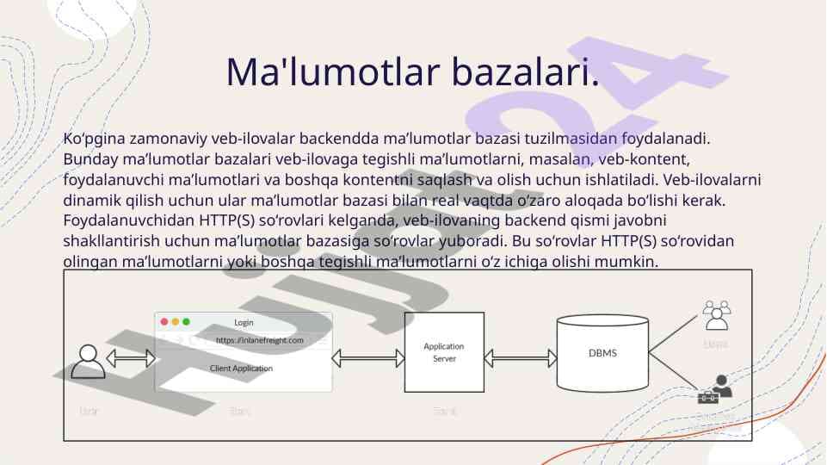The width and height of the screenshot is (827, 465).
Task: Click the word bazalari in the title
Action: tap(525, 72)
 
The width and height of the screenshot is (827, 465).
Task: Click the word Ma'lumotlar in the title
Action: tap(330, 72)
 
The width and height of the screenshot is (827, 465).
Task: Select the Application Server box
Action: tap(444, 352)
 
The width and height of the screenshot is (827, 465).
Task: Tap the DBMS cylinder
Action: tap(602, 354)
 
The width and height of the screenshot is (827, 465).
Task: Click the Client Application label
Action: tap(241, 369)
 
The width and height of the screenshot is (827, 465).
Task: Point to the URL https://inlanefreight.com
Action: tap(260, 340)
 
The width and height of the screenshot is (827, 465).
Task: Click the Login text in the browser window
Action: tap(244, 322)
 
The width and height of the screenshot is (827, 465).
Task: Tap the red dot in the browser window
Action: tap(164, 322)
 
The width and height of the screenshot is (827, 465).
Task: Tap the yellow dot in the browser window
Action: tap(175, 322)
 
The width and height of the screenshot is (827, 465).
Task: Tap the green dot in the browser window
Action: tap(186, 322)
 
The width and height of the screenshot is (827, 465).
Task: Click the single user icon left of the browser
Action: tap(88, 362)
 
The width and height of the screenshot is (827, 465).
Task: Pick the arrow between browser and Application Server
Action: tap(368, 356)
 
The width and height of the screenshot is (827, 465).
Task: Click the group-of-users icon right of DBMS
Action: tap(716, 315)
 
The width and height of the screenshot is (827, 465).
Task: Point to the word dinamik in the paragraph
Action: tap(89, 201)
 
